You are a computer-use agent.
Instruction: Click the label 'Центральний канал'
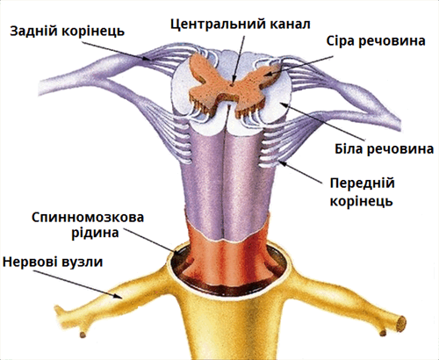click(241, 25)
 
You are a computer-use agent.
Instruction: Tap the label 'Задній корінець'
click(68, 32)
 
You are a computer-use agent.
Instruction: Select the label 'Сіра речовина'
click(376, 41)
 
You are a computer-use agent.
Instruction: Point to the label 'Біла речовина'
click(384, 149)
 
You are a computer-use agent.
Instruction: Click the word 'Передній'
click(363, 184)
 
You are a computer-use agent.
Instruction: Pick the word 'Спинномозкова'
click(88, 218)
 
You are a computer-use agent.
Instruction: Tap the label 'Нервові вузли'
click(53, 262)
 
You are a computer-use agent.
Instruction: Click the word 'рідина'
click(95, 234)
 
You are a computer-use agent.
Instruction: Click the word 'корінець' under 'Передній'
click(361, 201)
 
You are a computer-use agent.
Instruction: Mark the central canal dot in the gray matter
click(232, 85)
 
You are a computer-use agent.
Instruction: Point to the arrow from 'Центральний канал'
click(238, 59)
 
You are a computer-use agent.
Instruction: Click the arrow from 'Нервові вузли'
click(77, 284)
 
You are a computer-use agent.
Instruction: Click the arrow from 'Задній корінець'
click(116, 51)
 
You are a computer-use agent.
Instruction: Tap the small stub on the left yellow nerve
click(83, 335)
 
